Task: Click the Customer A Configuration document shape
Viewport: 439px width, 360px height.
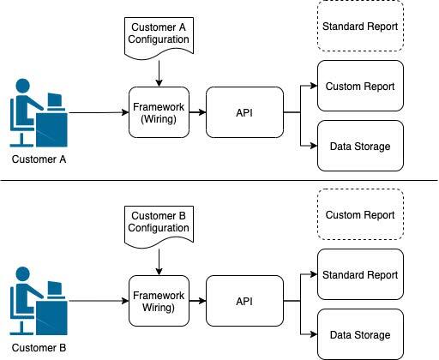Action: tap(159, 37)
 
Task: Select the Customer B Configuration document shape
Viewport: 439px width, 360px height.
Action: tap(159, 225)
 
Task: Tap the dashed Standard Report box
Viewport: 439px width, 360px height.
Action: tap(360, 27)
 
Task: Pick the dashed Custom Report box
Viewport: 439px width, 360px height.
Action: tap(360, 214)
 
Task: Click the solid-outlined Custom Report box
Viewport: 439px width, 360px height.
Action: tap(360, 86)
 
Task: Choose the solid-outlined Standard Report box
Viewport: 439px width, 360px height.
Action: tap(360, 274)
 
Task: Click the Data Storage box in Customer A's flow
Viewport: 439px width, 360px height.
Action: tap(360, 146)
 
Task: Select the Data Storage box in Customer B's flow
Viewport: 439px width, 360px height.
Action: tap(360, 334)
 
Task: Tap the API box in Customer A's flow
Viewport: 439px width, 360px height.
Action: tap(244, 112)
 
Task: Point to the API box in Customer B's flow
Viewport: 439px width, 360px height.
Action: tap(244, 301)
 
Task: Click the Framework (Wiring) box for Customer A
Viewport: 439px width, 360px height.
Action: tap(159, 112)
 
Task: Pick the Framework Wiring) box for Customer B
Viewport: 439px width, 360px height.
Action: tap(159, 301)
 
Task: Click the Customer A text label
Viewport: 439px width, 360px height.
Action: tap(39, 159)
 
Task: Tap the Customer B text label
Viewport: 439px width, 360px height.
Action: tap(39, 348)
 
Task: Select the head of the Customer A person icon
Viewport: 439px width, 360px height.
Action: tap(23, 86)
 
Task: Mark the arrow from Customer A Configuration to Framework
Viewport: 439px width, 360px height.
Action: tap(159, 74)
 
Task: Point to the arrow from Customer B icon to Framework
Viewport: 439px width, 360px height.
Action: tap(99, 301)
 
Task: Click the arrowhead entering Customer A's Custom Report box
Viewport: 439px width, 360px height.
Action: tap(314, 86)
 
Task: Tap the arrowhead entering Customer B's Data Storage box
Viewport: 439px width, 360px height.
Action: tap(314, 334)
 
